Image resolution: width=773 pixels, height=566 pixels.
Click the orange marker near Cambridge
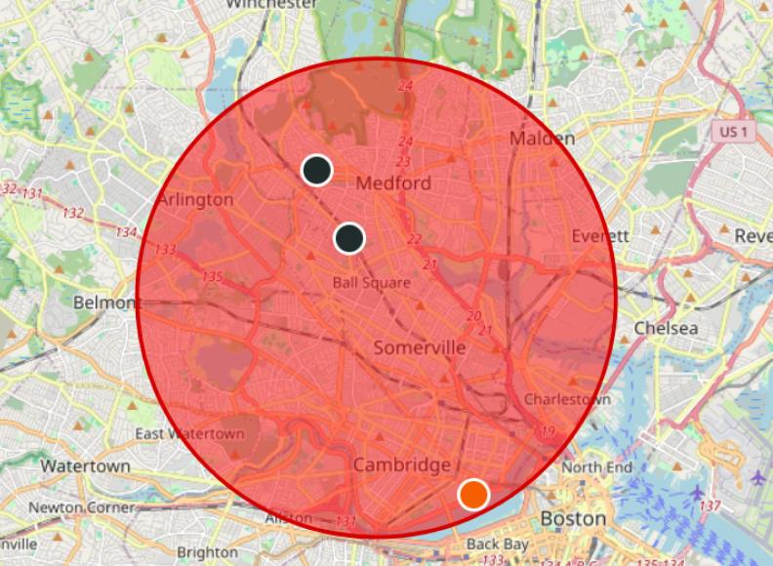[473, 494]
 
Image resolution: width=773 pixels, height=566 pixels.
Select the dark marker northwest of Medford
[316, 170]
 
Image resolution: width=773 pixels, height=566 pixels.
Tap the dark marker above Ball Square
[349, 238]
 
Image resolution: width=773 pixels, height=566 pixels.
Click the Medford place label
[393, 183]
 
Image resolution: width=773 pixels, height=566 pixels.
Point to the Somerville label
[420, 347]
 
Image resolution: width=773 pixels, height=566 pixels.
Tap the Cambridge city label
[402, 465]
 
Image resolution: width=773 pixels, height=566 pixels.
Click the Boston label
[573, 517]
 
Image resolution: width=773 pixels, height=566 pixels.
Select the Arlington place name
[195, 199]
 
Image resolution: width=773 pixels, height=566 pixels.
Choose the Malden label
[542, 139]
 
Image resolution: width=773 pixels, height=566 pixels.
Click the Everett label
[600, 235]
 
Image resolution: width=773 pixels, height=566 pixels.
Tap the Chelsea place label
[666, 328]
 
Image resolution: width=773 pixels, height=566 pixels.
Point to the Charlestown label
[567, 399]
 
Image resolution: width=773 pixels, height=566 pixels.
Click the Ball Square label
[372, 283]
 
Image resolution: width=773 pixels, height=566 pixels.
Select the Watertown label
[85, 465]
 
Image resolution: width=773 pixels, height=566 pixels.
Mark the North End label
[595, 467]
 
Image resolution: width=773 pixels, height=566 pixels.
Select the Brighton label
[207, 552]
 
